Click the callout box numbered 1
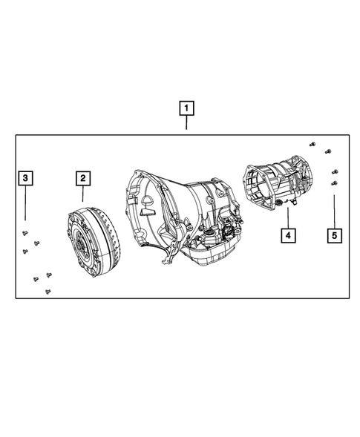coord(186,109)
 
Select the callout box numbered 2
coord(82,178)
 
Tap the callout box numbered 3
coord(25,178)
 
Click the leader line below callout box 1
coord(186,123)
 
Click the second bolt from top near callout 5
coord(327,154)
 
